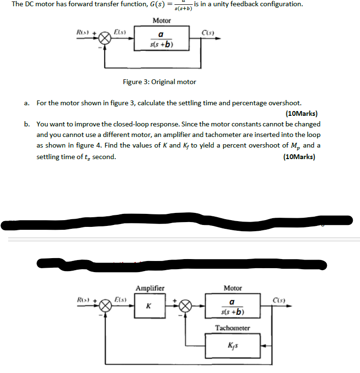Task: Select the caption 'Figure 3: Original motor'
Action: [159, 82]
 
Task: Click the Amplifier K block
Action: [149, 305]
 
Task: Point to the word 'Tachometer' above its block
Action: [233, 328]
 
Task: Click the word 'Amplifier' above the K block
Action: [149, 288]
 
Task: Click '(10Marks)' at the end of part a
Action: [301, 114]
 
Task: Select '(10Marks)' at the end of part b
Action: [299, 157]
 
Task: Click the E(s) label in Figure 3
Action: [119, 33]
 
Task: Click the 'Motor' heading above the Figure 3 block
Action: [161, 21]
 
